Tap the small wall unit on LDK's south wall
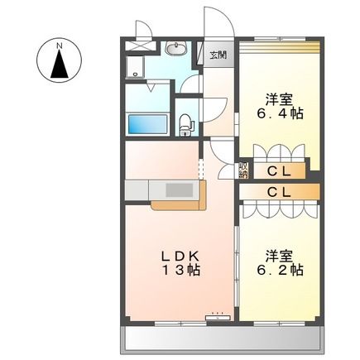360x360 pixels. tap(218, 315)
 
